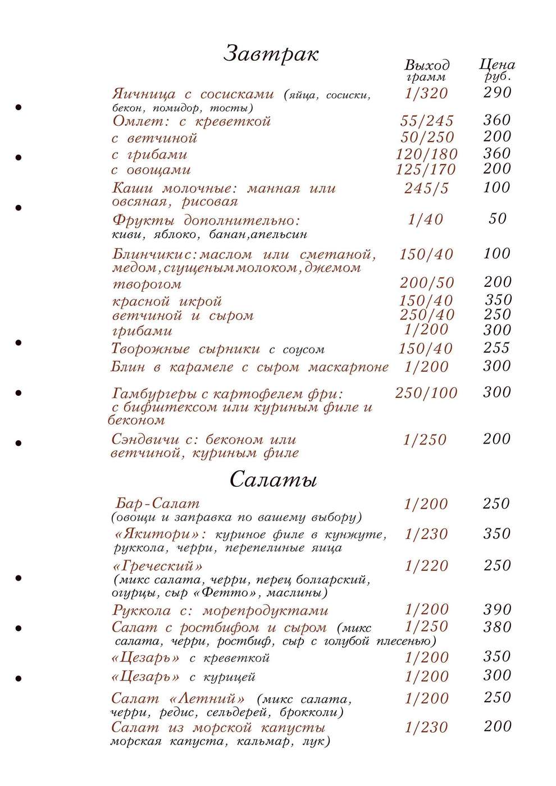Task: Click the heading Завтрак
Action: pos(271,54)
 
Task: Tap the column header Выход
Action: pos(427,65)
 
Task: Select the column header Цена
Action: pos(497,65)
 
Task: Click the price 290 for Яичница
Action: pos(497,92)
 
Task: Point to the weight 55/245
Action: pos(427,121)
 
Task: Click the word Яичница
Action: pos(144,94)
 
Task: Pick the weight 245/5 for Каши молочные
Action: pos(426,189)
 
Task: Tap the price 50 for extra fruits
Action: pos(498,218)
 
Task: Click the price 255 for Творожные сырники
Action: pos(496,348)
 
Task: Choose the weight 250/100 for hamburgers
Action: pos(426,393)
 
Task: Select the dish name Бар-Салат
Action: pos(157,504)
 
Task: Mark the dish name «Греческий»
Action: pos(157,566)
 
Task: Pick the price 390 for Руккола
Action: pos(497,610)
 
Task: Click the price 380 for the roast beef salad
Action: pos(497,627)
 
